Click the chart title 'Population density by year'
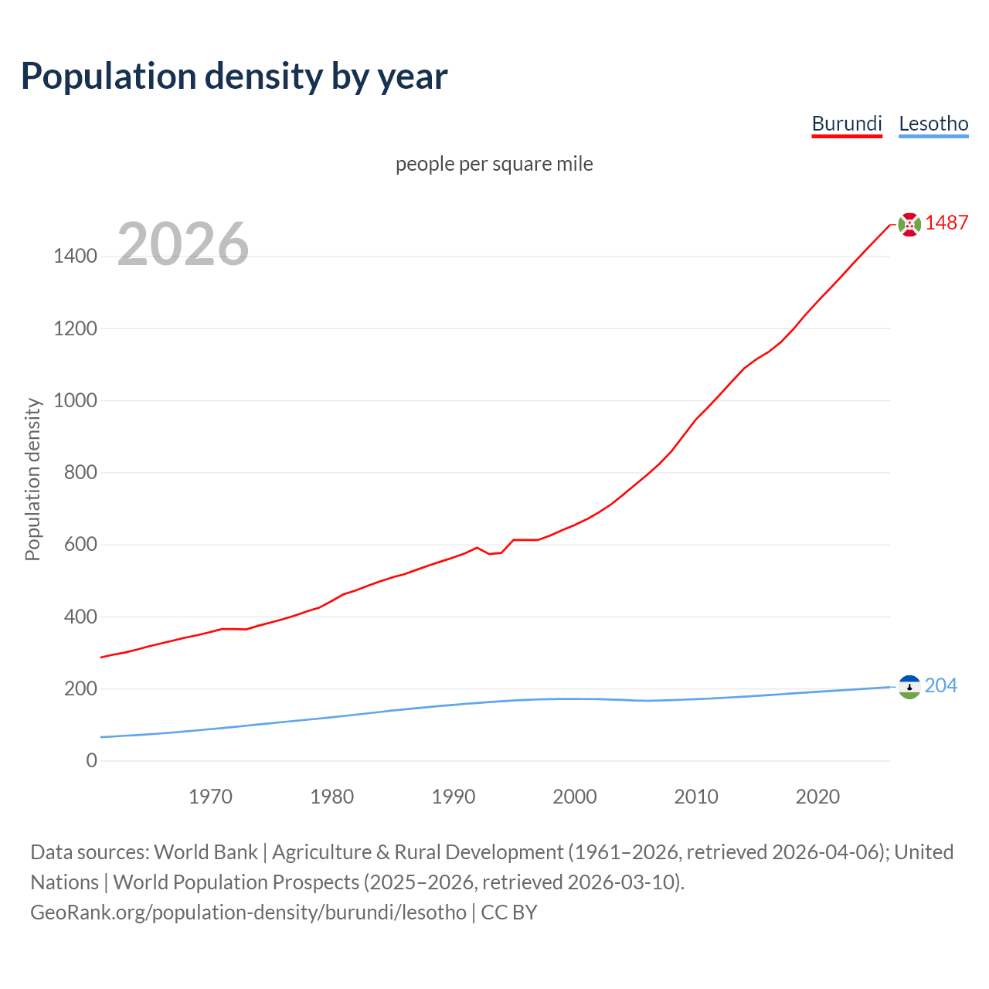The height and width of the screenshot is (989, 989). pos(234,76)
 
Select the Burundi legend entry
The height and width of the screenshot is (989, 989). pos(847,124)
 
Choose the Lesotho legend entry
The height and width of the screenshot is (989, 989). pos(933,124)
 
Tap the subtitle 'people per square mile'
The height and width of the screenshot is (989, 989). pos(494,164)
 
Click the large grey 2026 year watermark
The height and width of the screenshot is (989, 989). pos(183,244)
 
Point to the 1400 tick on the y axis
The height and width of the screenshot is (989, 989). pos(76,257)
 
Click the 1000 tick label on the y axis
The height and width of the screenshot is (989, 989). pos(76,400)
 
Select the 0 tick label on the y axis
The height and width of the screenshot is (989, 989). pos(92,760)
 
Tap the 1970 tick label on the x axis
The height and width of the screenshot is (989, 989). pos(210,797)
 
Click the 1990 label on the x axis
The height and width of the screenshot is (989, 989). pos(454,797)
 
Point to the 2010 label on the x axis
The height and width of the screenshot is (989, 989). pos(696,797)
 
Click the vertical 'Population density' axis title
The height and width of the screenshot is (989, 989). pos(32,479)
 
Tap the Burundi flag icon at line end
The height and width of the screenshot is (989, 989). pos(909,224)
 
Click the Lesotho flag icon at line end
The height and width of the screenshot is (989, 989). pos(909,686)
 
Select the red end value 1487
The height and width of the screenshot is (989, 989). pos(947,223)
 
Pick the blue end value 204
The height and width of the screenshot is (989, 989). pos(940,685)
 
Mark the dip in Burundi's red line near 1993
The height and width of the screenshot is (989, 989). pos(490,553)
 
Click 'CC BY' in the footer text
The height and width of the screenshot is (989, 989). pos(508,912)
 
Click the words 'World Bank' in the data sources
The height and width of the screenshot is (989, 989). pos(206,851)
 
